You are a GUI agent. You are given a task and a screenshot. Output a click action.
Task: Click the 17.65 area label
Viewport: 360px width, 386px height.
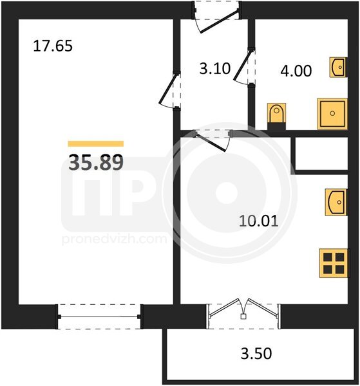pos(53,46)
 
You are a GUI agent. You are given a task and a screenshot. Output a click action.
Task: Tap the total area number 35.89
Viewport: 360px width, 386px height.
pos(96,162)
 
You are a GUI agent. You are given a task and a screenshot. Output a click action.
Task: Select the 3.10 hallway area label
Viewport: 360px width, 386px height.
pos(215,68)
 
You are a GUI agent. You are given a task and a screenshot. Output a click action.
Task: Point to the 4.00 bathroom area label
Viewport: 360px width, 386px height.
pos(296,71)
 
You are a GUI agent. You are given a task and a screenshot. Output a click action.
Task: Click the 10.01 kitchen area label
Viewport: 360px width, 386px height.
pos(259,221)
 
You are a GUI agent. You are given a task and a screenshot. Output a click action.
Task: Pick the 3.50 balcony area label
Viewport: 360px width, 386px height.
pos(256,353)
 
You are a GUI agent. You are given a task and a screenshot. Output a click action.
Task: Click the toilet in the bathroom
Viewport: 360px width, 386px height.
pos(276,116)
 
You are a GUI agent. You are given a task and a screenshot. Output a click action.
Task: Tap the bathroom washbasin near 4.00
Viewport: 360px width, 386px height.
pos(338,67)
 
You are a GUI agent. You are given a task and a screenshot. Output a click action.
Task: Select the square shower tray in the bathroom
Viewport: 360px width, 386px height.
pos(332,113)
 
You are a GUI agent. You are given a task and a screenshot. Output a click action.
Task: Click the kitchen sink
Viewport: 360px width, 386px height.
pos(336,202)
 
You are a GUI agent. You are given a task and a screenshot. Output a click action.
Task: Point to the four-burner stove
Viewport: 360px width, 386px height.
pos(334,263)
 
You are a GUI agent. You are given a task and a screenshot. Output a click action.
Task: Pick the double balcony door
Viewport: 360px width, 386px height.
pos(243,312)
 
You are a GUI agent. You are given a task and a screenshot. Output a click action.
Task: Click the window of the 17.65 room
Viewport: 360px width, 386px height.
pos(99,317)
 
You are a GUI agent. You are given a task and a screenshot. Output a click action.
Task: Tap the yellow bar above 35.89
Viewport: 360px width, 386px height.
pos(96,143)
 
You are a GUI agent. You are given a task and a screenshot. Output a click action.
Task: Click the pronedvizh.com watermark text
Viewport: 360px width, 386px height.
pos(115,239)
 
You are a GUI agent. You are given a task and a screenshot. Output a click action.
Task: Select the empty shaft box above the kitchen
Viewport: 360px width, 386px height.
pos(321,154)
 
